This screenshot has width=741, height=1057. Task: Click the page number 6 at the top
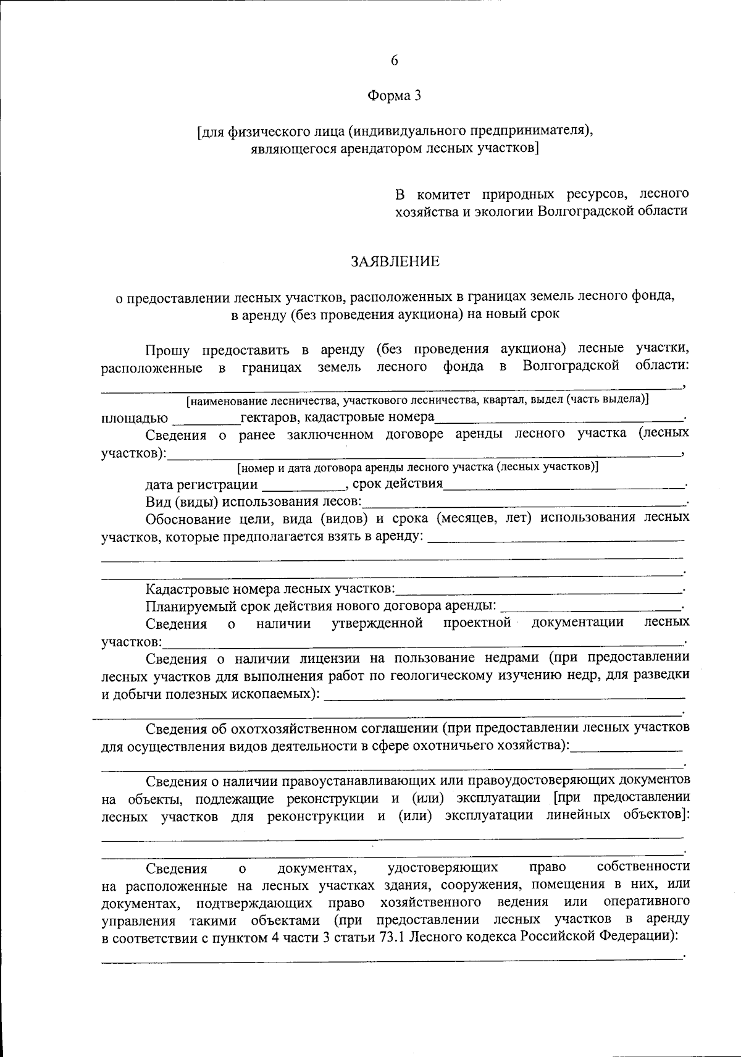[x=395, y=60]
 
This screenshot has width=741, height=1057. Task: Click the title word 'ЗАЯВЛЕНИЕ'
[x=395, y=261]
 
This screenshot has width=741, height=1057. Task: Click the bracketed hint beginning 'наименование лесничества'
[x=417, y=400]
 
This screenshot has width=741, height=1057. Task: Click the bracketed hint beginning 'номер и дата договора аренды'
[x=417, y=467]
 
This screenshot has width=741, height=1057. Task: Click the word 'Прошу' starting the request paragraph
[x=167, y=350]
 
